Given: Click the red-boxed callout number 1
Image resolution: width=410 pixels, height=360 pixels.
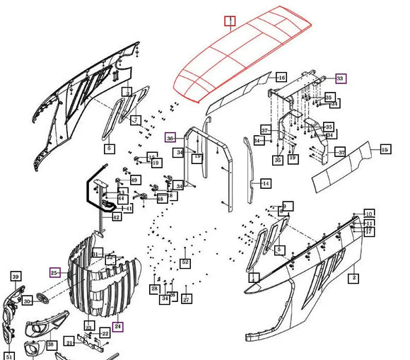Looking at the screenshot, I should tap(230, 21).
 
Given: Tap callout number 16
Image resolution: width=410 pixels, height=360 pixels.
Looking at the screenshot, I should tap(281, 77).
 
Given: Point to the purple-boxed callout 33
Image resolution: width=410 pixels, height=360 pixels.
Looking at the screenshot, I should tap(341, 78).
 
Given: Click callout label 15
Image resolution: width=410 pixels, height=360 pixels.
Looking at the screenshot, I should tap(385, 149).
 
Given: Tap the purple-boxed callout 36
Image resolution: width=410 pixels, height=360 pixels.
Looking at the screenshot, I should tap(170, 138).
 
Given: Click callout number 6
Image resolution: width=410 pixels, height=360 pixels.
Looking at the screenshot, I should tap(109, 149).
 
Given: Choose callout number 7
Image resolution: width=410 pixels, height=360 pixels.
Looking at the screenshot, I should tap(135, 120).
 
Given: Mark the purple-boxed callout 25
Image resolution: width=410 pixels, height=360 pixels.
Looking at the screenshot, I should tap(54, 272).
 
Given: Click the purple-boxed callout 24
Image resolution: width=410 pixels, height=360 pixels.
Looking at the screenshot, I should tap(118, 327).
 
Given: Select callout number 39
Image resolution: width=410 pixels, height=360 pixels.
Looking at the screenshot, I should tap(16, 276).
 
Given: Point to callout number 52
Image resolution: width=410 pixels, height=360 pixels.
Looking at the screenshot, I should tap(185, 262).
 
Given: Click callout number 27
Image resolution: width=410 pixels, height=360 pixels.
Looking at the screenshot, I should tap(187, 299).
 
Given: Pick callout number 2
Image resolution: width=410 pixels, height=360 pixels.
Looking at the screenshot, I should tap(353, 278).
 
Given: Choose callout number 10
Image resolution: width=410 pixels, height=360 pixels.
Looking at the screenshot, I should tap(368, 213).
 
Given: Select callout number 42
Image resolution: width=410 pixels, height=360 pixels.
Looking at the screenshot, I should tap(116, 217).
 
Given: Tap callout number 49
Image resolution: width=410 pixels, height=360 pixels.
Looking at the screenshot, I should tap(134, 180).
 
